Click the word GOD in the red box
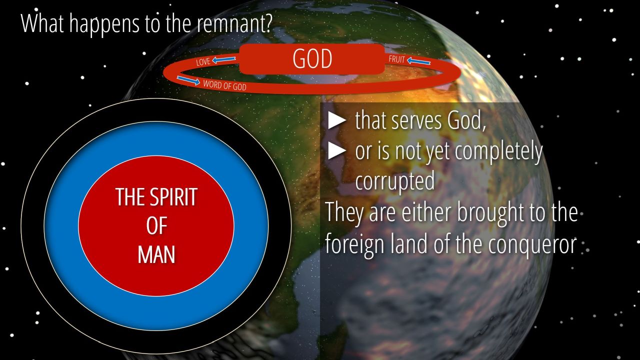click(312, 58)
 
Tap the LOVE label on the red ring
click(203, 61)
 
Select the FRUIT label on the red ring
click(397, 59)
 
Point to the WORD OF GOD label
click(224, 85)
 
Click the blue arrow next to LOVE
click(224, 59)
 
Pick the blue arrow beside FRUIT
click(418, 61)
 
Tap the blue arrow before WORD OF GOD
click(188, 80)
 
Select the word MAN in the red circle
click(156, 255)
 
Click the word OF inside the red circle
click(156, 225)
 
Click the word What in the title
click(42, 23)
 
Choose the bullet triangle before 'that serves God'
click(337, 120)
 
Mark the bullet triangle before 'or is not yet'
click(337, 150)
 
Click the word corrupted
click(395, 181)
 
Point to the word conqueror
click(532, 244)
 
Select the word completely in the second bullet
click(498, 151)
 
